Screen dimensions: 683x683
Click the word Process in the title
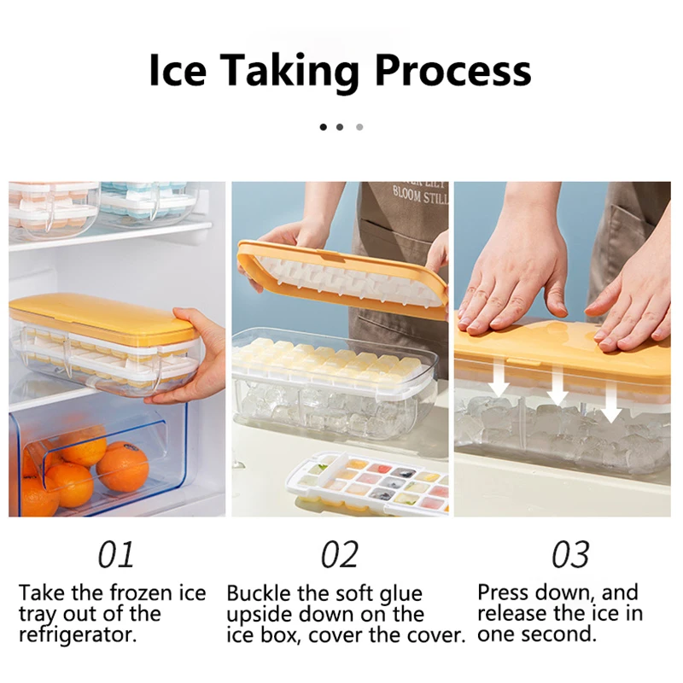[x=452, y=72]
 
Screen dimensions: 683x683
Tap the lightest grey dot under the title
[x=359, y=127]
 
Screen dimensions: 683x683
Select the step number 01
[x=116, y=555]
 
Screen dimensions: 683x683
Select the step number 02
[x=339, y=555]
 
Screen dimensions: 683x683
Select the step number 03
[x=570, y=555]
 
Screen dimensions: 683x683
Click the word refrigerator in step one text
[x=78, y=635]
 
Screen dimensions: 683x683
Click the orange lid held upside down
[x=341, y=275]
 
